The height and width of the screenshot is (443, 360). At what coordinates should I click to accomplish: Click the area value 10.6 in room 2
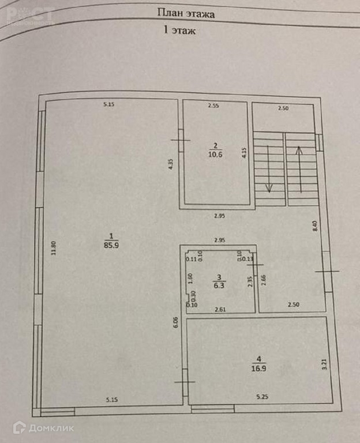[x=215, y=153]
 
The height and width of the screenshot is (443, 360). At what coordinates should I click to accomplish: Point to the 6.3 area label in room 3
[x=217, y=284]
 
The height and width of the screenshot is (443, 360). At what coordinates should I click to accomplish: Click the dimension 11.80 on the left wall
[x=54, y=249]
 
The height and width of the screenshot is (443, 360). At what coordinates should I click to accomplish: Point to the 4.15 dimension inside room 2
[x=245, y=153]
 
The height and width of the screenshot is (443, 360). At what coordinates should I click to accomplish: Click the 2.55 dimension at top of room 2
[x=213, y=106]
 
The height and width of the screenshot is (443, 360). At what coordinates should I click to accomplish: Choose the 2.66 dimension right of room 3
[x=264, y=281]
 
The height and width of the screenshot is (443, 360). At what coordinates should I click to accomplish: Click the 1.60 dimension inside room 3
[x=190, y=276]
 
